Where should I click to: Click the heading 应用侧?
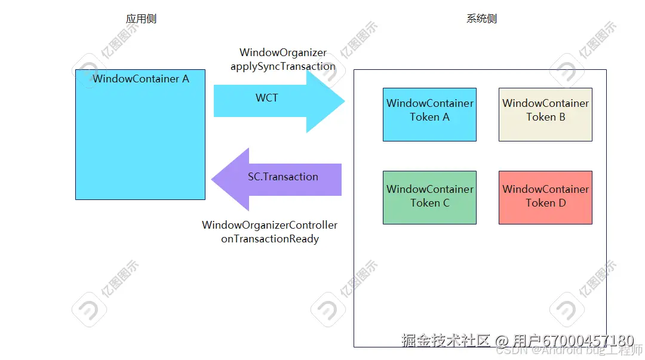pyautogui.click(x=141, y=19)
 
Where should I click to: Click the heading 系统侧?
pyautogui.click(x=481, y=19)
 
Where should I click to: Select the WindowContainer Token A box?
pyautogui.click(x=429, y=114)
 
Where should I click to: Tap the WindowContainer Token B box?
pyautogui.click(x=545, y=114)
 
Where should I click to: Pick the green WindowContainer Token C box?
pyautogui.click(x=429, y=198)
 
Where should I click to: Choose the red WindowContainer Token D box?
pyautogui.click(x=545, y=198)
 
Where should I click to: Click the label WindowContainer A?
pyautogui.click(x=141, y=79)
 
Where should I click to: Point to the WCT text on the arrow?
pyautogui.click(x=266, y=98)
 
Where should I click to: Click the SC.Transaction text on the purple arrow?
pyautogui.click(x=283, y=177)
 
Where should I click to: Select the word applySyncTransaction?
pyautogui.click(x=283, y=66)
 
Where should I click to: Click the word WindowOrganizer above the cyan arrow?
pyautogui.click(x=283, y=53)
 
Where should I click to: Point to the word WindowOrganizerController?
pyautogui.click(x=269, y=225)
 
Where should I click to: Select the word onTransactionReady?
pyautogui.click(x=269, y=239)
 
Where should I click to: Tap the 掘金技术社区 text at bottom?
pyautogui.click(x=446, y=340)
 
